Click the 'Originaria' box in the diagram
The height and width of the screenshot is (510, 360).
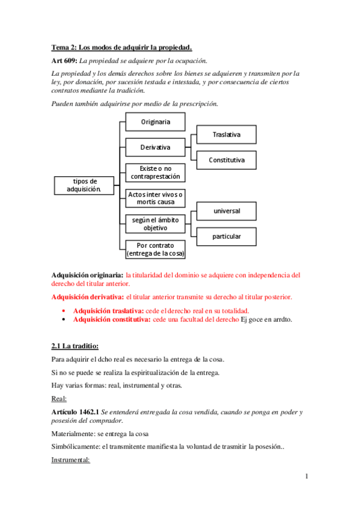pos(155,122)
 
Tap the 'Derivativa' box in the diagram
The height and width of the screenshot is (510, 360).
pos(155,147)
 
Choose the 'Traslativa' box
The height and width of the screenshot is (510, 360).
pos(226,135)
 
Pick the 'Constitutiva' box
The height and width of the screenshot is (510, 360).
pos(226,160)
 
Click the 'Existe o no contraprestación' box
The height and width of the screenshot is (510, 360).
pos(155,173)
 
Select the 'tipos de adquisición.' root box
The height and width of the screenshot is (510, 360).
pos(85,185)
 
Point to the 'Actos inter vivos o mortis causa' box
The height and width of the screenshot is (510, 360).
pos(155,198)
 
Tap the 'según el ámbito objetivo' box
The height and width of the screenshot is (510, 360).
pos(155,224)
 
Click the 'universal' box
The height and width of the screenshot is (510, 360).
pos(226,211)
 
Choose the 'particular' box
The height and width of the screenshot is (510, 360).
pos(226,236)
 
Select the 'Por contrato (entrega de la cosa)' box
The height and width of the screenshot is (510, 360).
pos(155,249)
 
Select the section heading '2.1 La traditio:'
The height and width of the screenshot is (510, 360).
pos(75,346)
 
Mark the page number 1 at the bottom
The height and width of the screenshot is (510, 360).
pos(307,477)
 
